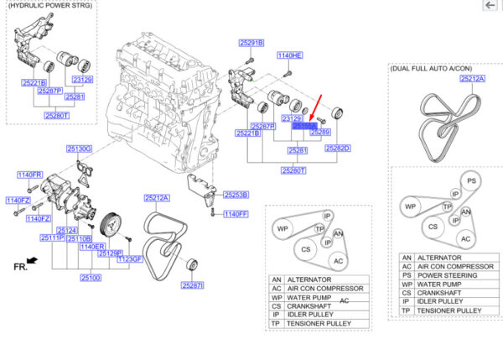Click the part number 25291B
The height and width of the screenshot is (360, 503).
(x=250, y=43)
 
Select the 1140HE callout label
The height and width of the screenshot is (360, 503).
(x=289, y=55)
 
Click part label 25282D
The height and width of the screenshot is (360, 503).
(x=337, y=148)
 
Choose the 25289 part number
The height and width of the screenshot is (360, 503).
(x=321, y=133)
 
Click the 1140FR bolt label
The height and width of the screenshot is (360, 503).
(x=29, y=175)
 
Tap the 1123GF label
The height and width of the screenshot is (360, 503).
(x=131, y=259)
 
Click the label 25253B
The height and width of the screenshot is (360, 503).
(x=236, y=194)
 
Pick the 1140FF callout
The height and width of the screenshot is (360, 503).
(x=236, y=215)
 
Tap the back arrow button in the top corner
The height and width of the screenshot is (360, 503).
(x=490, y=6)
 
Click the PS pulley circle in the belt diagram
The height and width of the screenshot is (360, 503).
(x=472, y=181)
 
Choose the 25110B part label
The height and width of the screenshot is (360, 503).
(x=81, y=238)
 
